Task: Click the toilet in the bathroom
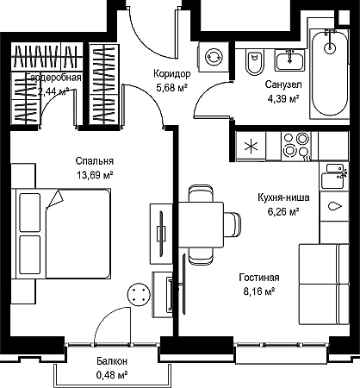(254, 61)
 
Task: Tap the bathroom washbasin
(289, 60)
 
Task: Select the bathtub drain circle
(330, 47)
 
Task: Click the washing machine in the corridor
(214, 57)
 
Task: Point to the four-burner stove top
(296, 147)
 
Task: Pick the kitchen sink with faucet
(334, 176)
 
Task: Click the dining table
(201, 225)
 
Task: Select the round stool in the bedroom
(139, 294)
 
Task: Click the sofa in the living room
(324, 285)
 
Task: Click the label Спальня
(95, 161)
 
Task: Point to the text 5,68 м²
(172, 88)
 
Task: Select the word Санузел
(283, 84)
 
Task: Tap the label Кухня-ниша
(283, 197)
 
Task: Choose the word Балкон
(112, 361)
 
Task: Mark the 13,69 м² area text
(94, 175)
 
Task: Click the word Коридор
(171, 74)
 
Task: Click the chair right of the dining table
(233, 225)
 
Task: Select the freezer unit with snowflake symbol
(251, 147)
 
